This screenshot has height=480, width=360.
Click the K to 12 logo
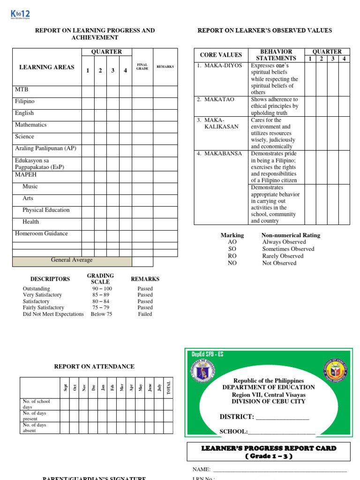[x=20, y=15]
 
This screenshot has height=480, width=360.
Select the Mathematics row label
[x=30, y=125]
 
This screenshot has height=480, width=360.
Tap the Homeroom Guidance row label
[x=41, y=233]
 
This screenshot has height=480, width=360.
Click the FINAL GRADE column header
[x=142, y=67]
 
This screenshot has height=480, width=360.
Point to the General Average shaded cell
[x=72, y=261]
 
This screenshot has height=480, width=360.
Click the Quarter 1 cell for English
[x=88, y=113]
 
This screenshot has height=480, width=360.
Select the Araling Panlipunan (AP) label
[x=45, y=148]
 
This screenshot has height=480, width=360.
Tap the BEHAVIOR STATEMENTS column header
[x=276, y=55]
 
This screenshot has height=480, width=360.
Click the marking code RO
[x=232, y=256]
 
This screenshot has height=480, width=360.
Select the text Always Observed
[x=284, y=242]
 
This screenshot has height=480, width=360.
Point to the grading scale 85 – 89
[x=102, y=295]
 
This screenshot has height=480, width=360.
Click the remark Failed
[x=145, y=314]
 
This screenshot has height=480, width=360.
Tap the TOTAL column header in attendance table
[x=169, y=387]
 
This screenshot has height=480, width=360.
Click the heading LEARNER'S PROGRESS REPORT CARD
[x=269, y=448]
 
